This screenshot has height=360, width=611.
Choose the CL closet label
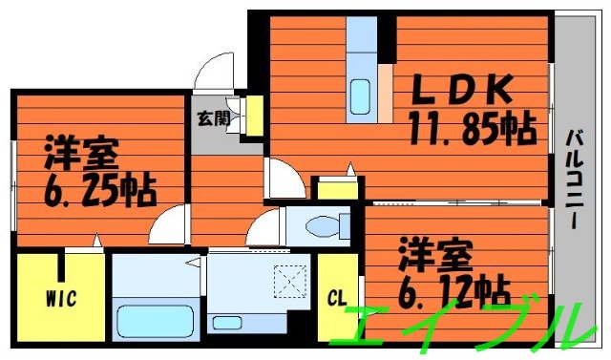coord(337,297)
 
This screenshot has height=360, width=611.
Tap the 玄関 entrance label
coord(213,119)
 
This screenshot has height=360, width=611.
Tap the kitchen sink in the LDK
coord(360,95)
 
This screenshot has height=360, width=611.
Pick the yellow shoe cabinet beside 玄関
coord(254,114)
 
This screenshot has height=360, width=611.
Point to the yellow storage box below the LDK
coord(338,187)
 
